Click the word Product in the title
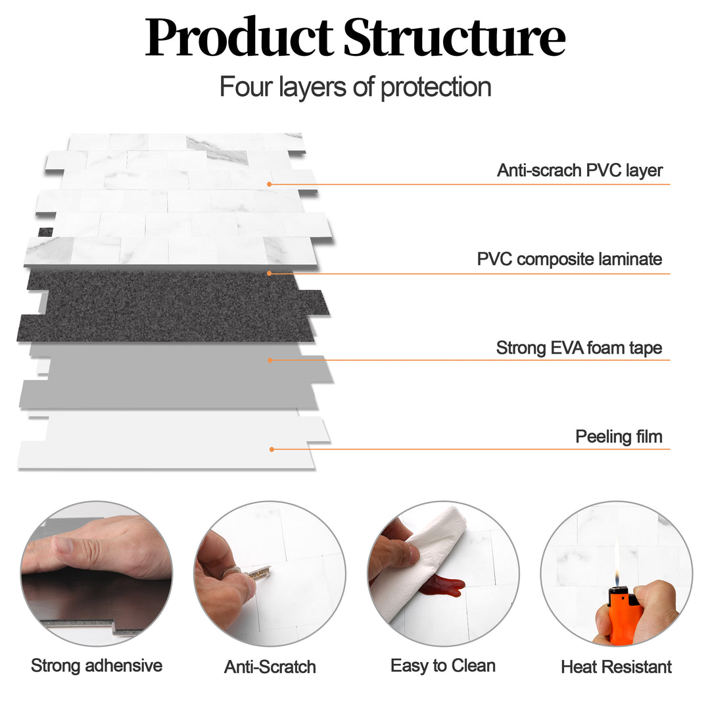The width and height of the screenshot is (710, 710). point(239,39)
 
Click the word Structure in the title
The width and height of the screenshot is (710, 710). point(454,39)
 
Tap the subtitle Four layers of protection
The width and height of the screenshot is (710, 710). point(355,87)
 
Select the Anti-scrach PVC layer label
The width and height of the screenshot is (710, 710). point(580,171)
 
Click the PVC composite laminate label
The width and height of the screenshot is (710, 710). point(569,259)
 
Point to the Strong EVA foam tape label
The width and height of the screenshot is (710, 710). point(579,348)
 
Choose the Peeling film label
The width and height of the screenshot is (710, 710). point(619,437)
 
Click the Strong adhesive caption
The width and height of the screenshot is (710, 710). point(97,665)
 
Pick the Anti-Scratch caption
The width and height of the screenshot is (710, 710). point(270,667)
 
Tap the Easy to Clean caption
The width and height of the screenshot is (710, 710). point(442,665)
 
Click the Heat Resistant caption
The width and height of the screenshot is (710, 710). point(616,667)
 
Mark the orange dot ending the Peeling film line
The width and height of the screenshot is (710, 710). point(271,450)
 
